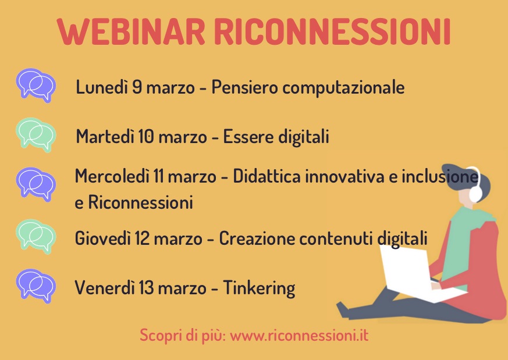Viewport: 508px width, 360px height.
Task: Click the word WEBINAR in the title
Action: pyautogui.click(x=131, y=31)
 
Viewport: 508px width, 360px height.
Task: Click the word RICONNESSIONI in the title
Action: pyautogui.click(x=332, y=31)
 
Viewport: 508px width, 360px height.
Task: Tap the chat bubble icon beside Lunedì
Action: pyautogui.click(x=35, y=85)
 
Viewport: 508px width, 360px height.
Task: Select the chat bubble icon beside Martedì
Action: pyautogui.click(x=35, y=135)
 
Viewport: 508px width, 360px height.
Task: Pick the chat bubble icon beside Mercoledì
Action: pyautogui.click(x=35, y=184)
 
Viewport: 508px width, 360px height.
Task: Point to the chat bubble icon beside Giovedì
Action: pyautogui.click(x=35, y=236)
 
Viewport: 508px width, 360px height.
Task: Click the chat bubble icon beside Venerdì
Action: pyautogui.click(x=35, y=286)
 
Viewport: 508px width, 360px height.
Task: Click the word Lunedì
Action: pyautogui.click(x=102, y=87)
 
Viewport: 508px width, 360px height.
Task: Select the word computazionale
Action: pyautogui.click(x=343, y=88)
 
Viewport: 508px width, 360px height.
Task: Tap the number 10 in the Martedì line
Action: pyautogui.click(x=145, y=136)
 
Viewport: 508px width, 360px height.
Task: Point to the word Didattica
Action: pyautogui.click(x=267, y=176)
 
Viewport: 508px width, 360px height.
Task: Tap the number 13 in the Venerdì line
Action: pyautogui.click(x=146, y=287)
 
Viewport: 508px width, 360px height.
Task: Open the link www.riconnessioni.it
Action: pyautogui.click(x=299, y=335)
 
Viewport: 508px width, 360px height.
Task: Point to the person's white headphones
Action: pyautogui.click(x=474, y=185)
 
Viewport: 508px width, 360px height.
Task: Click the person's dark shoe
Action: pyautogui.click(x=343, y=310)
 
